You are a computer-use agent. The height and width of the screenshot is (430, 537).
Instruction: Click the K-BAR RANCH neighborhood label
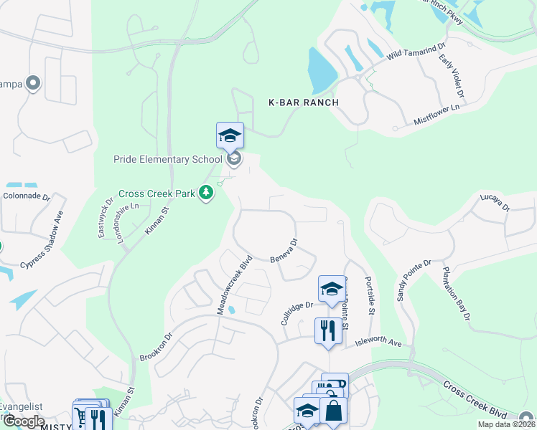tap(303, 102)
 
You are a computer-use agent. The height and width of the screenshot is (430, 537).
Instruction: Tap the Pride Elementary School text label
tap(167, 158)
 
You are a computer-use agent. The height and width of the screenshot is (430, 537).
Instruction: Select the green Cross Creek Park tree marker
tap(207, 193)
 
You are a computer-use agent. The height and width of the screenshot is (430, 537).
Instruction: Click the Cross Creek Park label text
tap(158, 193)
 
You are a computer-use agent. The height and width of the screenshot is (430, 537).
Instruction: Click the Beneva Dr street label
tap(284, 250)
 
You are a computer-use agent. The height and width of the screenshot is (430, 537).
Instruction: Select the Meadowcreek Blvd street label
tap(234, 284)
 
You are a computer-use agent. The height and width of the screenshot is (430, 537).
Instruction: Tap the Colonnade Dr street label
tap(26, 195)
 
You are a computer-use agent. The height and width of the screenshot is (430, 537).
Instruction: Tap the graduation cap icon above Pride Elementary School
tap(230, 135)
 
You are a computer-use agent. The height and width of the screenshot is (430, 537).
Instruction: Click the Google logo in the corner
tap(24, 421)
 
